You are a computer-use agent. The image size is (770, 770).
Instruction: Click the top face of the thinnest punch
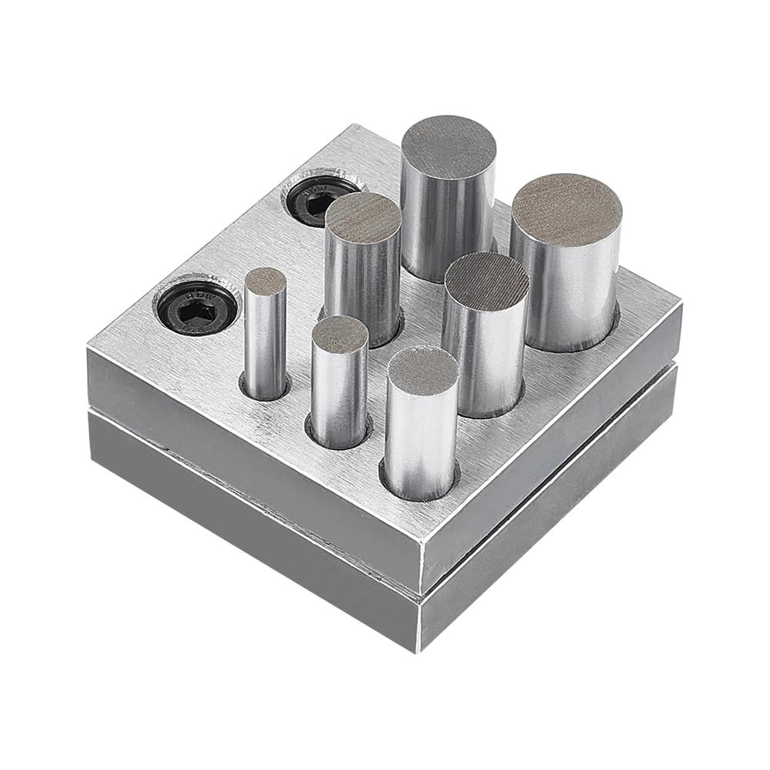265,281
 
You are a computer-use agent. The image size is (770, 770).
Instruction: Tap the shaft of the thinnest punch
265,338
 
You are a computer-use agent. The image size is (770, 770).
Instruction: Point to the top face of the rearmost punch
449,145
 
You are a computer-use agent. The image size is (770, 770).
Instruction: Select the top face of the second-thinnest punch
339,330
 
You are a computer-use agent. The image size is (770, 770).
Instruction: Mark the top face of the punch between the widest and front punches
486,278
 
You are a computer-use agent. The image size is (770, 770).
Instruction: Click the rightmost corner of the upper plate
681,305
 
